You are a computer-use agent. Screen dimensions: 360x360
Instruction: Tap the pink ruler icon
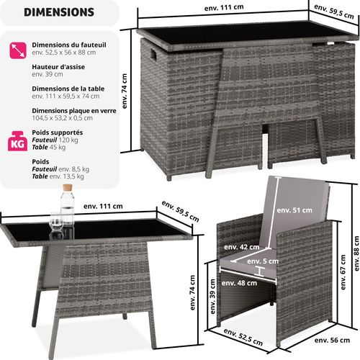(x=17, y=49)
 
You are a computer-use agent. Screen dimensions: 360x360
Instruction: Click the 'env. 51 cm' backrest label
(x=297, y=210)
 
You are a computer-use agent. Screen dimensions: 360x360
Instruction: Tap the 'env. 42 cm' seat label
(x=249, y=247)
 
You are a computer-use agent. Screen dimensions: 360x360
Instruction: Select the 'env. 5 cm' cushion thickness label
(x=268, y=261)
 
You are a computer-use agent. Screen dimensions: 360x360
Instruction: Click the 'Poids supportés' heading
(x=58, y=132)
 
